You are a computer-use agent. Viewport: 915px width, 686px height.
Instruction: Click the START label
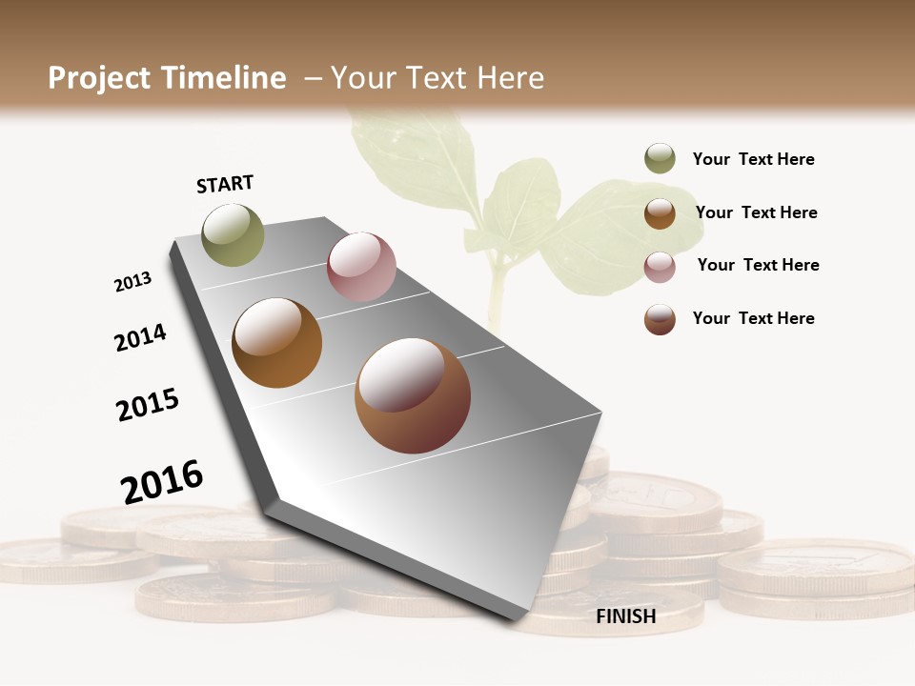pos(225,184)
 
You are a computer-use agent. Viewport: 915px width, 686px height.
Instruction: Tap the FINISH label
pos(625,616)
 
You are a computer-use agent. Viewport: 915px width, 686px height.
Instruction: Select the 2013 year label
pos(132,282)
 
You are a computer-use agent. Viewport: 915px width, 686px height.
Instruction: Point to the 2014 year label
pos(140,337)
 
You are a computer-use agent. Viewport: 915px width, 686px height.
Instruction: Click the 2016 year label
pos(162,481)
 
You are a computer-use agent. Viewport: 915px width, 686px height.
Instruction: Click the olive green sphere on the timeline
pos(233,234)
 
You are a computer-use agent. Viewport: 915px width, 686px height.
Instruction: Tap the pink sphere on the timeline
pos(361,266)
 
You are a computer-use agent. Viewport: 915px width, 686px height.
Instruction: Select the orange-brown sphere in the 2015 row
pos(276,343)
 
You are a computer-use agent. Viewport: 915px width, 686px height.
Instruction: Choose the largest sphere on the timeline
pos(413,395)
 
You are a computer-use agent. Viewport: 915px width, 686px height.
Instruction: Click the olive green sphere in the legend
pos(660,158)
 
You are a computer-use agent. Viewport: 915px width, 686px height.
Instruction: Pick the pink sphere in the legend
pos(660,267)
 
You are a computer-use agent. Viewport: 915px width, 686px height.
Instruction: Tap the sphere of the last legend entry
pos(660,319)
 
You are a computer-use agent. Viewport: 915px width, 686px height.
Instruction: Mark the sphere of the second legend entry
pos(660,213)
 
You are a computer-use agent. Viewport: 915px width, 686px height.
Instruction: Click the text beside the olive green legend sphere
pos(753,159)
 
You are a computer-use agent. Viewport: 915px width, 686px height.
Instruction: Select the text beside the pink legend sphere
pos(758,265)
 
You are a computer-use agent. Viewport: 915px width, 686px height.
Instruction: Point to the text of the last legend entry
pos(753,318)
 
